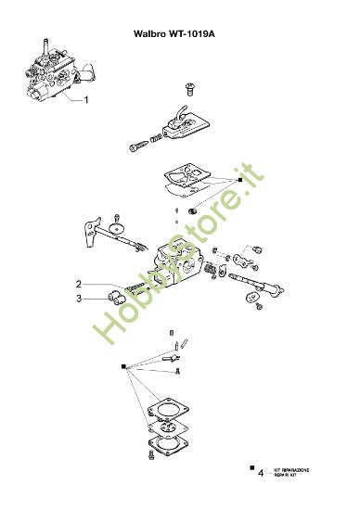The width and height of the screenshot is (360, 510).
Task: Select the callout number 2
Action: [x=79, y=284]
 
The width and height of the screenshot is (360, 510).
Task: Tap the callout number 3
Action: [x=79, y=299]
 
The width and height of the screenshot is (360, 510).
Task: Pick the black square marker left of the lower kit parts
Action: [x=122, y=365]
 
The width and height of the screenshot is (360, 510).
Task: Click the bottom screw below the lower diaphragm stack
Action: [x=149, y=456]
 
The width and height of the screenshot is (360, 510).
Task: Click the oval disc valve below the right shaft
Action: [x=251, y=299]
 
